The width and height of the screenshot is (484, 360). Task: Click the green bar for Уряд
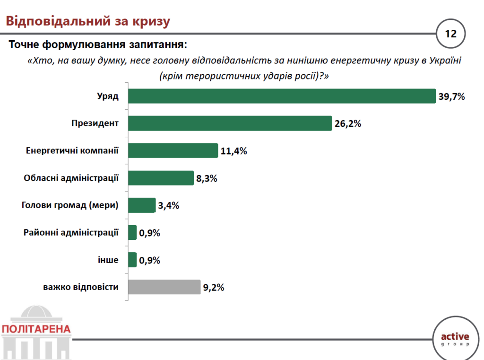point(281,96)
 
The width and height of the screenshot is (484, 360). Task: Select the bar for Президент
point(230,123)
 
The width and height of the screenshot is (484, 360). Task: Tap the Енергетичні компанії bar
point(173,151)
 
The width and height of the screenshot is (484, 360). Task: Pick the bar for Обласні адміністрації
point(161,178)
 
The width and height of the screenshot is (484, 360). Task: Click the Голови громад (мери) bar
point(142,205)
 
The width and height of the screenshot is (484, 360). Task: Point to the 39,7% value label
point(452,97)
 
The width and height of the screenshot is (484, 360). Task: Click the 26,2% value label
point(348,124)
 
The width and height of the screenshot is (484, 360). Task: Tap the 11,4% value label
point(233,151)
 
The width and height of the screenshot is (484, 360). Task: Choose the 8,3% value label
point(207,179)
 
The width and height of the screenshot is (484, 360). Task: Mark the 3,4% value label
point(169,206)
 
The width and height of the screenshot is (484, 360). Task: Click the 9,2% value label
point(214,287)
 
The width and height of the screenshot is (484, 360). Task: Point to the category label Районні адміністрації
point(71,232)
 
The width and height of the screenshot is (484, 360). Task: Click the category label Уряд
point(107,96)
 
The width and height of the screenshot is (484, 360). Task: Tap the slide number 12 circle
point(450,34)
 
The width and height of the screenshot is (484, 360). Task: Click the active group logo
point(455,339)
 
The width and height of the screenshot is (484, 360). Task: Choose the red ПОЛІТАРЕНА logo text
point(36,329)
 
